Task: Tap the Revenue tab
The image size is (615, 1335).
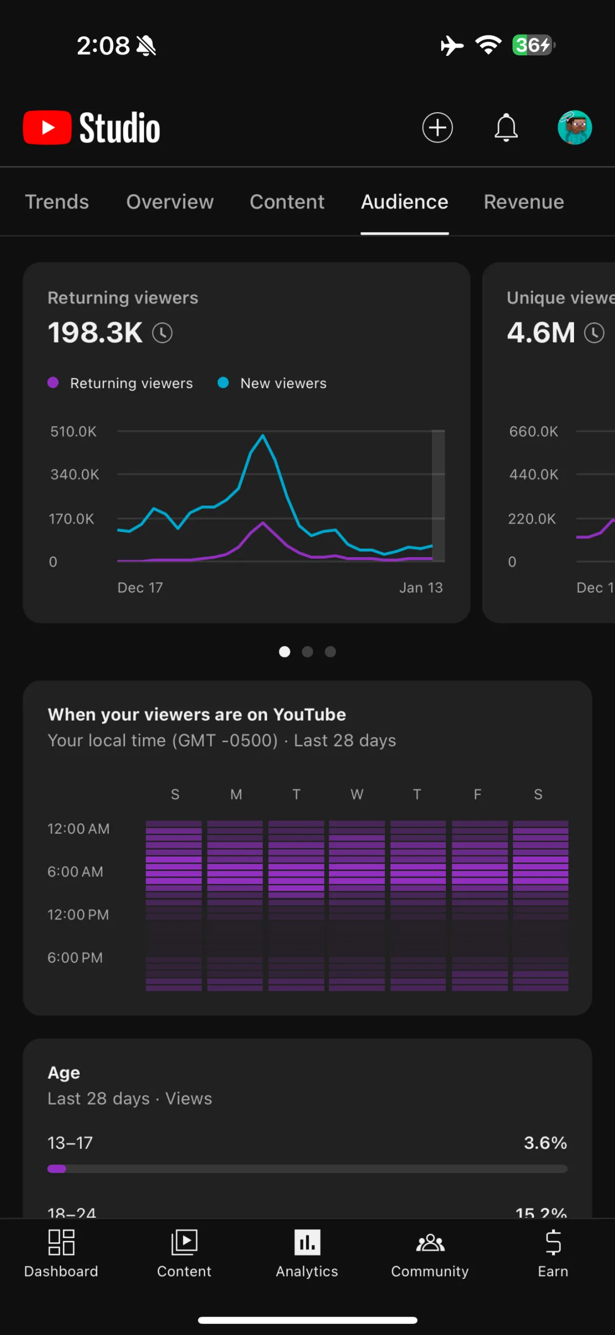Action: (523, 202)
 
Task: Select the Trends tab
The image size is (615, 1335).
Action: (57, 202)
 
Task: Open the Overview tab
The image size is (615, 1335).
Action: (170, 202)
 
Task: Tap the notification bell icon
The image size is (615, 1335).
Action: (506, 128)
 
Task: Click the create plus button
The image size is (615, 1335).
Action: (437, 128)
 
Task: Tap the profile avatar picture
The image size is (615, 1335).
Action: (575, 128)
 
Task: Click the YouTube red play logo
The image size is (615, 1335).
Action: (47, 128)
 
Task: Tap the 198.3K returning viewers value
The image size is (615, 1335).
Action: (95, 333)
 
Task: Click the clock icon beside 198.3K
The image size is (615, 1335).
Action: (162, 333)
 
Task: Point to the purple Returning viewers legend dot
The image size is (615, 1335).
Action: (53, 383)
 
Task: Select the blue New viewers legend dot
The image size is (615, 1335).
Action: (223, 383)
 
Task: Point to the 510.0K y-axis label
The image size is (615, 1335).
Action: (73, 432)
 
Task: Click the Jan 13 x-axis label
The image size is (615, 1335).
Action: (421, 588)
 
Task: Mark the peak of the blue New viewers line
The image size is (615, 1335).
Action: (263, 436)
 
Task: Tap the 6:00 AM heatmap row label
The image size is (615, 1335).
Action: (75, 872)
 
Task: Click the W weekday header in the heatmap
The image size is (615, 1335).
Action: (357, 794)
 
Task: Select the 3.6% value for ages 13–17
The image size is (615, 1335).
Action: (545, 1143)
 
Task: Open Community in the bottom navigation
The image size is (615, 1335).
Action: (429, 1254)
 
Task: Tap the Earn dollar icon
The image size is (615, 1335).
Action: (553, 1243)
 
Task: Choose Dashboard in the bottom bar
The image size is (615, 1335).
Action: (61, 1254)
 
